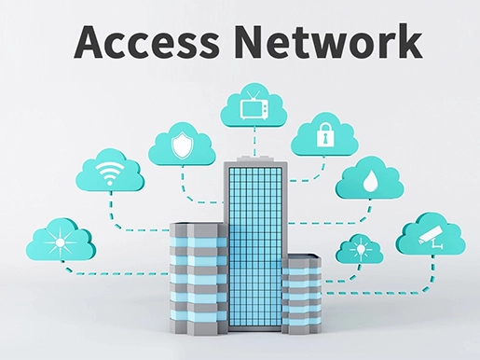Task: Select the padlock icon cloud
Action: (324, 135)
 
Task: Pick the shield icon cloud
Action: (182, 145)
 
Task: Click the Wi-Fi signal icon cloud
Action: (109, 173)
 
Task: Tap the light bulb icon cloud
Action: (359, 250)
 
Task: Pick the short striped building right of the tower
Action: (301, 289)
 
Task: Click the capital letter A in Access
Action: (90, 41)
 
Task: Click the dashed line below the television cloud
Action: (252, 140)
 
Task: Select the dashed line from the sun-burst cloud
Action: (112, 272)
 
